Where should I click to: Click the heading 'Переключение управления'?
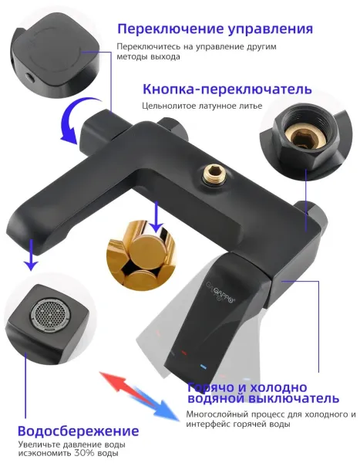pyautogui.click(x=215, y=29)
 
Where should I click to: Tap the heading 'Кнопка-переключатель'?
pyautogui.click(x=227, y=89)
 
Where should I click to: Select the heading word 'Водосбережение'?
pyautogui.click(x=78, y=431)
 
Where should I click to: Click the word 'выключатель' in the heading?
pyautogui.click(x=293, y=398)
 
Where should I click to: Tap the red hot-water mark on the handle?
pyautogui.click(x=184, y=352)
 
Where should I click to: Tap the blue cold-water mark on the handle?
pyautogui.click(x=203, y=367)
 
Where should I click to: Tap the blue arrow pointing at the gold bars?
pyautogui.click(x=156, y=218)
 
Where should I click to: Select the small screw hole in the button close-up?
pyautogui.click(x=29, y=77)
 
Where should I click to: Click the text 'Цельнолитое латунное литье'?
pyautogui.click(x=202, y=106)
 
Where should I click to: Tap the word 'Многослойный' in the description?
pyautogui.click(x=217, y=414)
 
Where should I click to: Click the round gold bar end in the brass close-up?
pyautogui.click(x=146, y=248)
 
